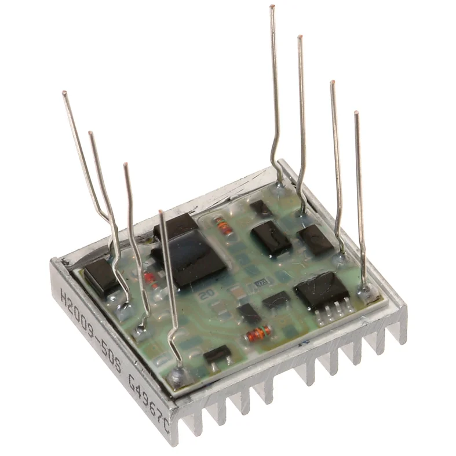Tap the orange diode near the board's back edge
(223, 225)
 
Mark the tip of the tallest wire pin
(272, 7)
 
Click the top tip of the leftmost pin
(64, 93)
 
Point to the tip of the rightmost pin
(356, 113)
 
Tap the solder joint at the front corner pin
(177, 377)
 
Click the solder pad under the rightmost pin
(364, 294)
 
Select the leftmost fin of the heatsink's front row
(186, 426)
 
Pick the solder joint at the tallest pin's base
(280, 185)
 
